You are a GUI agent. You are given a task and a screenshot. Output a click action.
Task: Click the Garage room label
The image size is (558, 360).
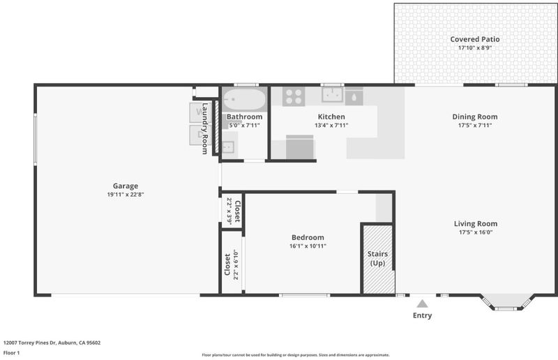coord(126,186)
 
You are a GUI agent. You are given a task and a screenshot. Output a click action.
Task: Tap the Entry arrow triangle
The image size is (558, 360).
coord(422,303)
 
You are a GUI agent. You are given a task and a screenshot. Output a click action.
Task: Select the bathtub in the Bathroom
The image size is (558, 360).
coord(244,99)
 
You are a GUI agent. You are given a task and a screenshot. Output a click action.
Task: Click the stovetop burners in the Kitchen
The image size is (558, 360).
coord(294,96)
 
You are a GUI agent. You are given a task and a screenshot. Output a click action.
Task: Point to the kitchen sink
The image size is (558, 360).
coord(333,95)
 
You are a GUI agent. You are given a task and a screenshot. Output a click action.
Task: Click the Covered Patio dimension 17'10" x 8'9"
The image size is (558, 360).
coord(475,47)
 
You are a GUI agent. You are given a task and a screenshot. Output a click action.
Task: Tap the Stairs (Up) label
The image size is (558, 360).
coord(377,259)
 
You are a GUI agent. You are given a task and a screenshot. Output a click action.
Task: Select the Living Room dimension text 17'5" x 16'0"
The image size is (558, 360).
coord(476,232)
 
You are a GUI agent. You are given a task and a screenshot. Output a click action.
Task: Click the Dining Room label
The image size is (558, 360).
coord(475,117)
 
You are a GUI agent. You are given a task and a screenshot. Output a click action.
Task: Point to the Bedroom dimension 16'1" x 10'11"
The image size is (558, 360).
coord(308,246)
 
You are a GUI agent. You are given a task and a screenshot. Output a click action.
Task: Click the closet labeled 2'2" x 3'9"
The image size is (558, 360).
coord(233,211)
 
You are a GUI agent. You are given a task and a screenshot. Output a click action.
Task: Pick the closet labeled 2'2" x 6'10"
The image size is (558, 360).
coord(232,263)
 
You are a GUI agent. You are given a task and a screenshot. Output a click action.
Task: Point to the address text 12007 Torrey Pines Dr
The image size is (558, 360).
coord(30,343)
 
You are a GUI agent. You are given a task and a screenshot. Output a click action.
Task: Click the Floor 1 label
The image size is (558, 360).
coord(11,353)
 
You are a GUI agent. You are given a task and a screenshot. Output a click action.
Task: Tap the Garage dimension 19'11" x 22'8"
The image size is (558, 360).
coord(126,195)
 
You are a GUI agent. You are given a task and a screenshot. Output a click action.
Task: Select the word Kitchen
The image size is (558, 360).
coord(331,117)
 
